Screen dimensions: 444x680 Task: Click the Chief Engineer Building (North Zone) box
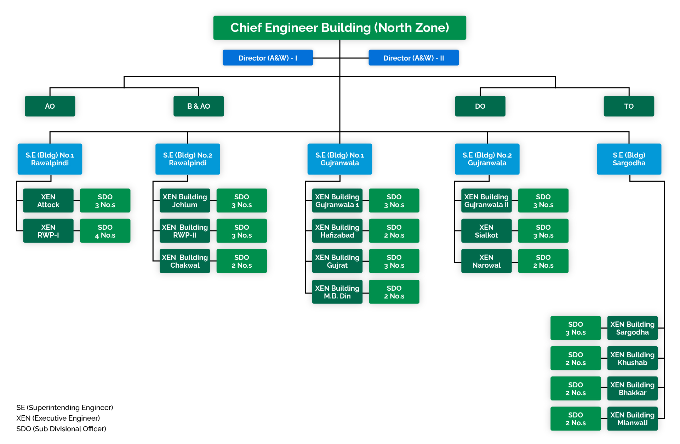coord(339,28)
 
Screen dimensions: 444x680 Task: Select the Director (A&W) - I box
coord(268,58)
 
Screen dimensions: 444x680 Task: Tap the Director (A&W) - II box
coord(413,58)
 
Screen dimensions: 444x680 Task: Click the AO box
coord(50,106)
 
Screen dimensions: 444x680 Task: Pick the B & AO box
coord(199,106)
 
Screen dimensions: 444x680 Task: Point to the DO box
coord(480,106)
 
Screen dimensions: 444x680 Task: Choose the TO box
coord(629,106)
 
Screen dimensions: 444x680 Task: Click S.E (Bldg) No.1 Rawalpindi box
coord(50,159)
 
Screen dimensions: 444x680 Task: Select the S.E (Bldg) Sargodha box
coord(629,159)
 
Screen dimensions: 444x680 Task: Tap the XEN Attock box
coord(48,201)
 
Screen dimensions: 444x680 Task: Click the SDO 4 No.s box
coord(105,231)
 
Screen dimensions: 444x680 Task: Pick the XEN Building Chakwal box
coord(185,261)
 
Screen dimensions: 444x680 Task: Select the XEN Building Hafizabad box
coord(337,231)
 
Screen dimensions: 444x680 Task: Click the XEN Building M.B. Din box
coord(337,292)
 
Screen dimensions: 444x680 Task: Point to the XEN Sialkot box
coord(486,231)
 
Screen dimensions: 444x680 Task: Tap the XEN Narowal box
coord(486,261)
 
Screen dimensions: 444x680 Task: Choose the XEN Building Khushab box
coord(632,358)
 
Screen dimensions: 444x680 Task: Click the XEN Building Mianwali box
coord(632,419)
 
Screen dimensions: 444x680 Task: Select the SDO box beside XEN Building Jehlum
coord(241,201)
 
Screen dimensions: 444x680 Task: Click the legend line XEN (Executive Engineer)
coord(58,418)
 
